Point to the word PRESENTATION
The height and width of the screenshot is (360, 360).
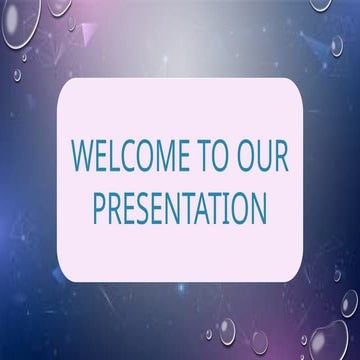(180, 208)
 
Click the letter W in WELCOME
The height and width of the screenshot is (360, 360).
(83, 158)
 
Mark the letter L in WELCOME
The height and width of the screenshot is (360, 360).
(118, 158)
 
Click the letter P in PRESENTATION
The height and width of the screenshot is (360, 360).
(99, 208)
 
